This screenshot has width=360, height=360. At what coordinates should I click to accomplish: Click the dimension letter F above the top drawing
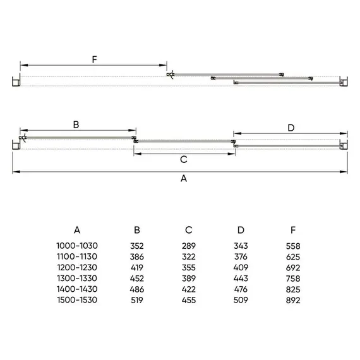(x=94, y=60)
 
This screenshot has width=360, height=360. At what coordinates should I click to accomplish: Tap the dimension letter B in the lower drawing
(x=76, y=124)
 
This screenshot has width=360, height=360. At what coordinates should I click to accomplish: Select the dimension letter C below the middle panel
(x=184, y=159)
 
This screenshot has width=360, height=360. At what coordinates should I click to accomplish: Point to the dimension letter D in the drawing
(x=291, y=128)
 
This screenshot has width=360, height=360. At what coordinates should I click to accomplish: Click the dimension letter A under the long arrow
(x=184, y=178)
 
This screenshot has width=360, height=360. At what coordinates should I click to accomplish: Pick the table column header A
(x=77, y=230)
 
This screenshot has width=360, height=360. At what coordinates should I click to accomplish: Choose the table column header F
(x=293, y=230)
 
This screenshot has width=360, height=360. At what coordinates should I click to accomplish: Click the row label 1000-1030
(x=77, y=246)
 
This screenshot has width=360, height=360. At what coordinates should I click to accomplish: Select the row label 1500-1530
(x=77, y=300)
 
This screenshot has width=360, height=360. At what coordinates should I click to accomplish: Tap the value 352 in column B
(x=137, y=246)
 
